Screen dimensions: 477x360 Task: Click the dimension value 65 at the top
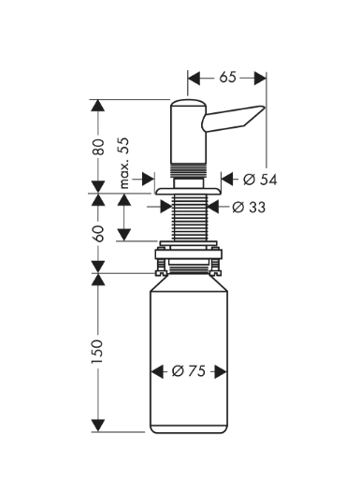(x=227, y=78)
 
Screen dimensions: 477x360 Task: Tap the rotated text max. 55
(x=122, y=164)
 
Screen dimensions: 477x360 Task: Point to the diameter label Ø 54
(x=260, y=178)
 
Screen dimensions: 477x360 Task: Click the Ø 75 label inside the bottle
(x=189, y=371)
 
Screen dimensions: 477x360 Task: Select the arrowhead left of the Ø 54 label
(x=226, y=178)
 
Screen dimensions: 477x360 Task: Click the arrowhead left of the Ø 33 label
(x=213, y=207)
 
